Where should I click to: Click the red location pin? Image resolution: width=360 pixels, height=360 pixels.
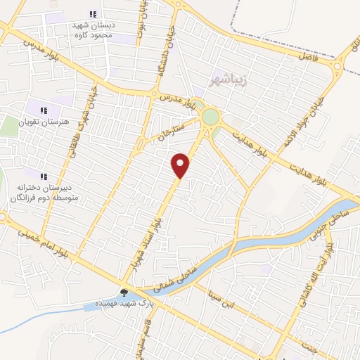(x=181, y=165)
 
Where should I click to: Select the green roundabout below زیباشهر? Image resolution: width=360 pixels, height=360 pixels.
(x=210, y=115)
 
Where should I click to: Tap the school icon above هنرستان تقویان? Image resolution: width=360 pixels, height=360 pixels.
(x=44, y=110)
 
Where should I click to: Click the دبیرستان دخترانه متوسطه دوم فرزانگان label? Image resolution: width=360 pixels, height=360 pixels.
(x=44, y=193)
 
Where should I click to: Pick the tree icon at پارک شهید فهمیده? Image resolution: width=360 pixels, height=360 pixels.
(x=124, y=293)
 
